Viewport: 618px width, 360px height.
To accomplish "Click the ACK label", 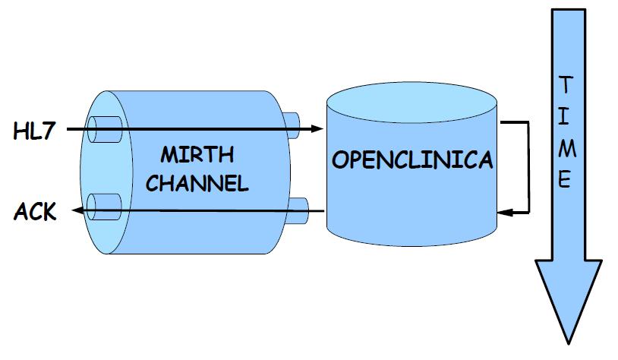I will point(35,212).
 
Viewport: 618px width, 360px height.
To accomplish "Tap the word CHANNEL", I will point(197,184).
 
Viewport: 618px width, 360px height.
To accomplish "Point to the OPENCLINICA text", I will point(412,160).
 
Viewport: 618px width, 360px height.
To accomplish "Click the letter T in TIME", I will point(564,83).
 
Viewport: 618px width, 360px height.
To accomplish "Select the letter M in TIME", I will point(564,149).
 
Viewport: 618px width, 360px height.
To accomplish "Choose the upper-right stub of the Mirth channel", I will point(292,122).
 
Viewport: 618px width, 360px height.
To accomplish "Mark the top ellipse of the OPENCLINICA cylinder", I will point(411,105).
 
